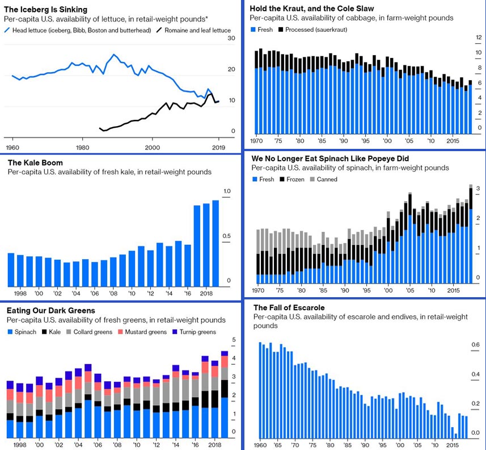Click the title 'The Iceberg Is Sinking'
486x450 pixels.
pyautogui.click(x=47, y=10)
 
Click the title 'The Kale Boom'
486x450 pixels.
pyautogui.click(x=35, y=163)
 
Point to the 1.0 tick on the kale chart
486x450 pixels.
pyautogui.click(x=227, y=190)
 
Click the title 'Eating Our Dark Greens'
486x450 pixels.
pyautogui.click(x=50, y=311)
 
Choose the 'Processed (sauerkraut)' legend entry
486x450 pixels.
pyautogui.click(x=316, y=29)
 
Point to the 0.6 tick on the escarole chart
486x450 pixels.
pyautogui.click(x=475, y=344)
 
